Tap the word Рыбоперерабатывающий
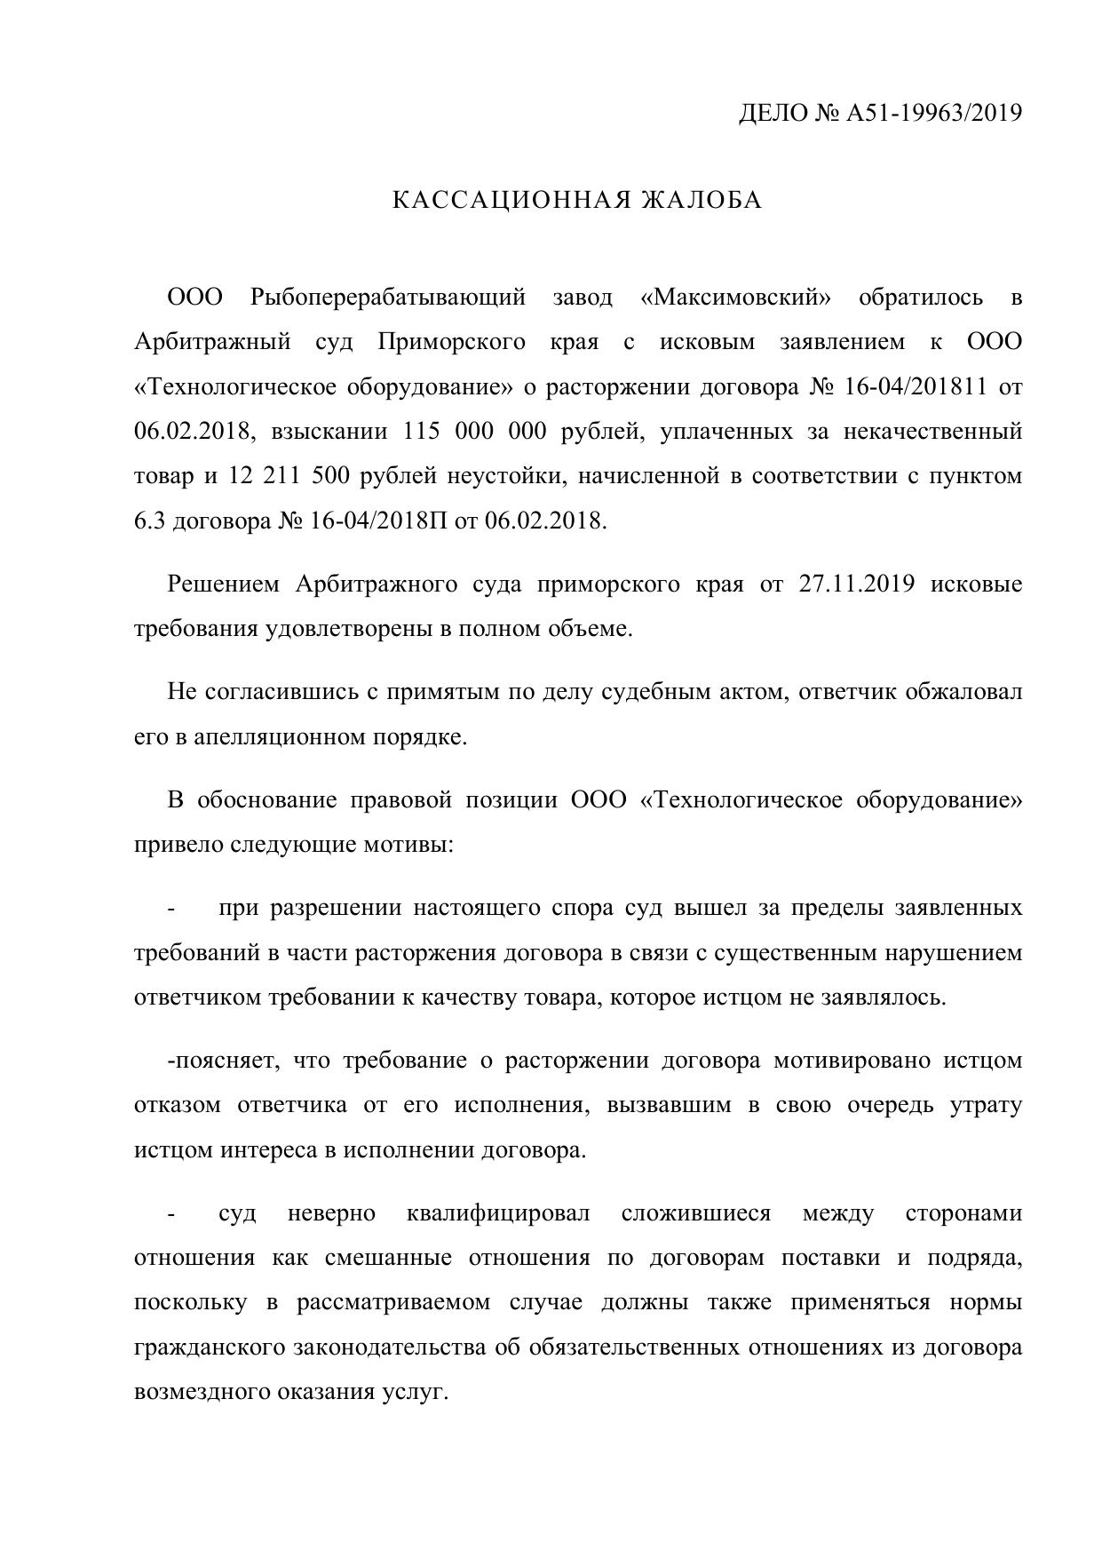tap(389, 297)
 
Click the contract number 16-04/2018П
tap(379, 521)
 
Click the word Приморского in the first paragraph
tap(450, 342)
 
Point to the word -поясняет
tap(223, 1061)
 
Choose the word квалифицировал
tap(497, 1213)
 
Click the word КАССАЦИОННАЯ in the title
tap(510, 201)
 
